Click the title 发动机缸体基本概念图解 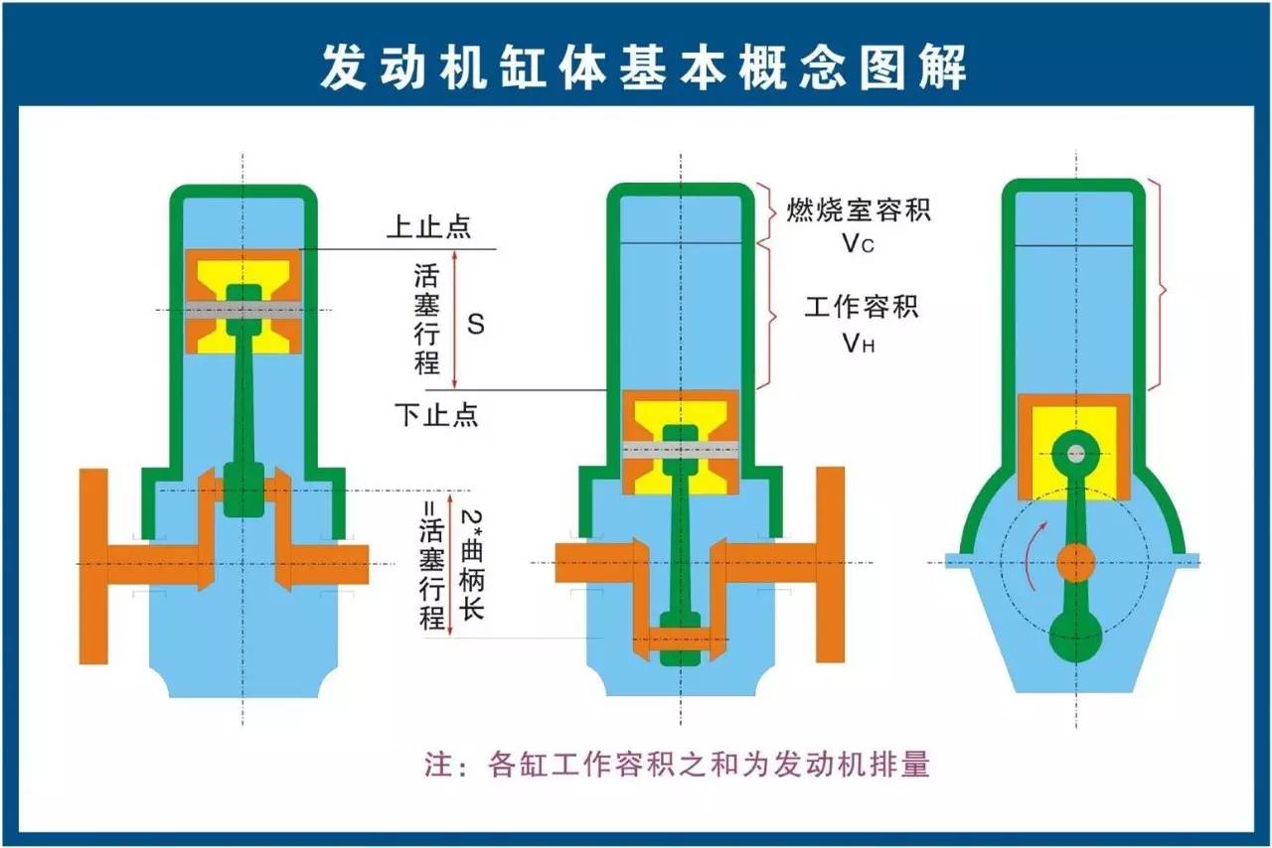point(643,68)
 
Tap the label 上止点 point(428,226)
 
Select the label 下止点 point(436,415)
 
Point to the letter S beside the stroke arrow point(475,324)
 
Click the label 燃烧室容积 point(858,210)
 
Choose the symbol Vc point(858,244)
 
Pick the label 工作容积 point(861,307)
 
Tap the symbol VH point(858,343)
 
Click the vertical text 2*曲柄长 point(471,564)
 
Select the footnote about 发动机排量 point(677,764)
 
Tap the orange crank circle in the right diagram point(1075,563)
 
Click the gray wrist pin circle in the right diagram point(1075,453)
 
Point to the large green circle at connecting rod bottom point(1075,636)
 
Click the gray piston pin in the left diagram point(243,310)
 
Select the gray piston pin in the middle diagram point(681,450)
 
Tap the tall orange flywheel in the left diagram point(93,566)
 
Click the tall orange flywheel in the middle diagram point(830,565)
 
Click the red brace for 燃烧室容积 point(766,213)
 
